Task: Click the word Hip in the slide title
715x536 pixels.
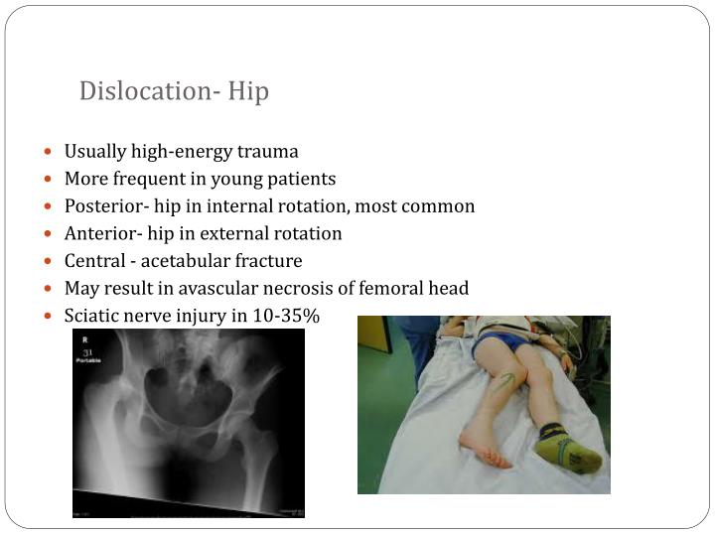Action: coord(248,91)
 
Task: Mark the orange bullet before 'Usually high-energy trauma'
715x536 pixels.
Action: coord(51,153)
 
